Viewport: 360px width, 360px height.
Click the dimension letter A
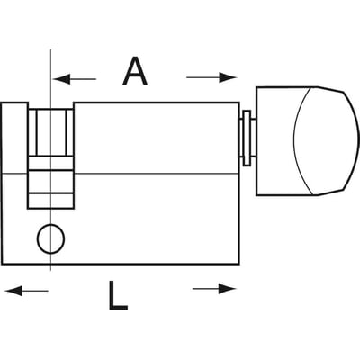click(135, 71)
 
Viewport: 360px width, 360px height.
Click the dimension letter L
click(118, 295)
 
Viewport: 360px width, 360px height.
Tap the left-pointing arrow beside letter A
click(75, 79)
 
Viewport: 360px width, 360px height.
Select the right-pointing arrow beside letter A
click(211, 77)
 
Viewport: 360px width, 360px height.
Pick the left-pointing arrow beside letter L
click(26, 291)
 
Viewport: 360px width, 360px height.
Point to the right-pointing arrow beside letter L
click(214, 289)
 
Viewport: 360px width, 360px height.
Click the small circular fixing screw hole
click(51, 238)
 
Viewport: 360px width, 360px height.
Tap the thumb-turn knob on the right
click(307, 141)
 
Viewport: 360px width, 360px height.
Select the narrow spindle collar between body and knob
click(247, 138)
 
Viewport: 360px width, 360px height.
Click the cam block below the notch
click(51, 182)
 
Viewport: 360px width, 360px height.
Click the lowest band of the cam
click(51, 201)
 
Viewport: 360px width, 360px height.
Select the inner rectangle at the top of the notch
click(51, 132)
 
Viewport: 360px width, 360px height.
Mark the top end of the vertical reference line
click(50, 49)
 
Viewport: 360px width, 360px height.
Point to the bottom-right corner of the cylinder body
click(239, 265)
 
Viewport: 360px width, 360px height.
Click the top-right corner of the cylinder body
click(239, 103)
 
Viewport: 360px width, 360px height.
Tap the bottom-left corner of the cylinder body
click(3, 265)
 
